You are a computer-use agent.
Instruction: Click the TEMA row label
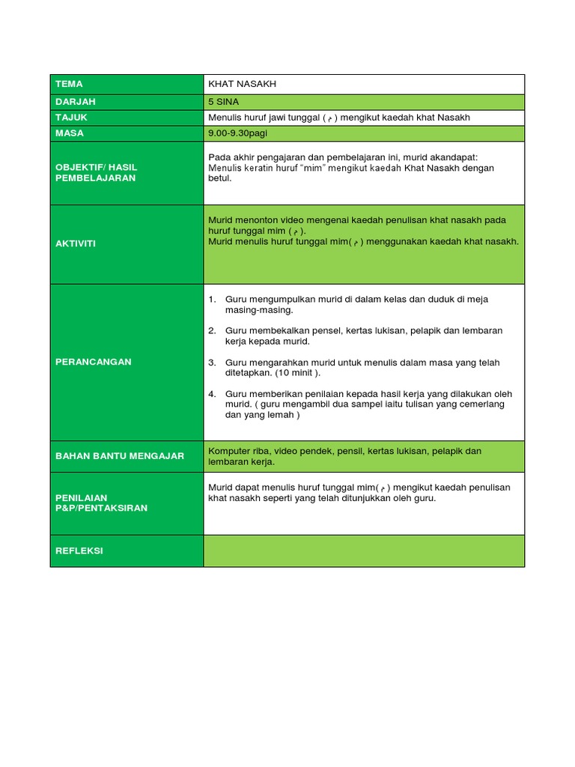[69, 84]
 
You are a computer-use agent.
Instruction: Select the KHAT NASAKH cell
[243, 84]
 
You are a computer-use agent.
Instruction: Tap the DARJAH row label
[76, 101]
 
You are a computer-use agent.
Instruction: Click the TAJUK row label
[72, 118]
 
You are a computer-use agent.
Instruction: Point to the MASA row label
[70, 133]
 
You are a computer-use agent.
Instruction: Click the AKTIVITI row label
[76, 243]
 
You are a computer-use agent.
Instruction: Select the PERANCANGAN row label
[94, 362]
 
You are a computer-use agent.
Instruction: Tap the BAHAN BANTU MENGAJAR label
[120, 455]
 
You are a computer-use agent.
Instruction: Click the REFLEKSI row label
[79, 551]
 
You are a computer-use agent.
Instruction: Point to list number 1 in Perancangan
[212, 300]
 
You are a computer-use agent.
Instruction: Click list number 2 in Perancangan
[212, 331]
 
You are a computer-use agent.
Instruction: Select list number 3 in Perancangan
[212, 363]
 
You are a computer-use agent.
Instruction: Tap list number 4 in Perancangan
[212, 394]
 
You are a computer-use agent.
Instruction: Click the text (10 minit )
[298, 373]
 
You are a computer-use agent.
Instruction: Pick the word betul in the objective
[221, 179]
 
